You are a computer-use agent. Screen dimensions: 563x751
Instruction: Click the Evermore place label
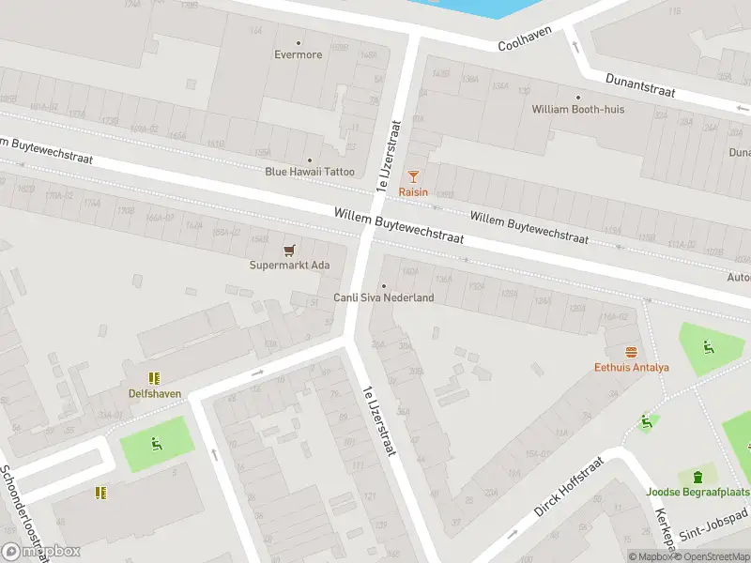coord(299,54)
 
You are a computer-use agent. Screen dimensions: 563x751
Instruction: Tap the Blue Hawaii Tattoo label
coord(310,172)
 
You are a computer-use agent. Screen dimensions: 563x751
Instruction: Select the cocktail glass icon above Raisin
coord(413,176)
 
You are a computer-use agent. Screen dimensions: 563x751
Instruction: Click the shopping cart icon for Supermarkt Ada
coord(289,250)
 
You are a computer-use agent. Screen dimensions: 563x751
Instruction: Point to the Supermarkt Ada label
coord(289,266)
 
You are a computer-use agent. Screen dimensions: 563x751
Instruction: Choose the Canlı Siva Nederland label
coord(384,297)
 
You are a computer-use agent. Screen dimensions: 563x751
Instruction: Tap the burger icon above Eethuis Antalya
coord(631,352)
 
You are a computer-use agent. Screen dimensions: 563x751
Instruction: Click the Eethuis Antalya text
coord(631,367)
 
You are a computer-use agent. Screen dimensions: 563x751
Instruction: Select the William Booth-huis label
coord(577,109)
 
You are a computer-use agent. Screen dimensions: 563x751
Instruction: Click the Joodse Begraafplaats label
coord(698,492)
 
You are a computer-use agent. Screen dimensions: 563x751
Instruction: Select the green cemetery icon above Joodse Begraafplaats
coord(697,477)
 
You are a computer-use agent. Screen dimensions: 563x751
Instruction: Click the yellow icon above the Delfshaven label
coord(155,378)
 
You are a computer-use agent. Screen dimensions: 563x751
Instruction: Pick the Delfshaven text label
coord(155,393)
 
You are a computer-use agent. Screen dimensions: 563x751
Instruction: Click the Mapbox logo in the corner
coord(40,551)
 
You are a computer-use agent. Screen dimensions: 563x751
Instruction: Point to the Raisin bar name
coord(413,192)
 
